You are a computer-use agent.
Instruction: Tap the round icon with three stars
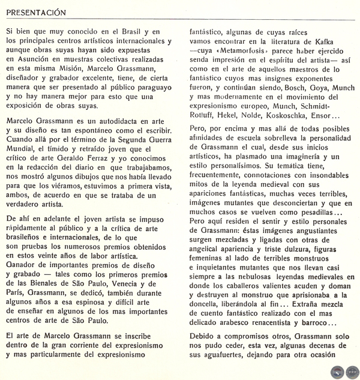coord(352,372)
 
